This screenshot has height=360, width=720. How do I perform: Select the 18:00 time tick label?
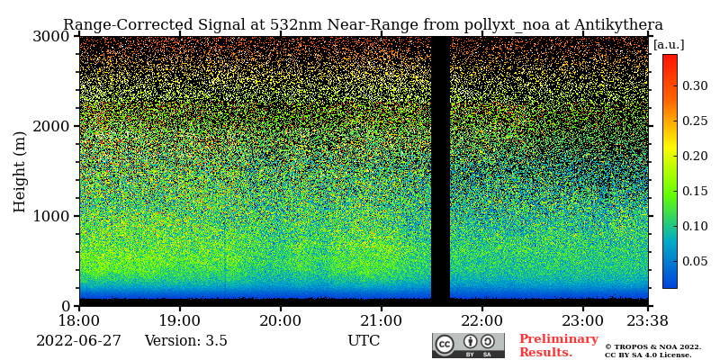point(79,319)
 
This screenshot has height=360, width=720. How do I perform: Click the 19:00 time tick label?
point(180,319)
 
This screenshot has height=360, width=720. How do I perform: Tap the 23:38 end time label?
point(648,319)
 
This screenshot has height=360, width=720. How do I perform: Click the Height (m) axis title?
point(20,171)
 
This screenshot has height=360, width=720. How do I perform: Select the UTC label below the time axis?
point(364,341)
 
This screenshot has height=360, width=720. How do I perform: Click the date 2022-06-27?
point(78,341)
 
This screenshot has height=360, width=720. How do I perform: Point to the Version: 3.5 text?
point(185,341)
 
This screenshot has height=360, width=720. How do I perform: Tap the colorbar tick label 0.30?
point(694,85)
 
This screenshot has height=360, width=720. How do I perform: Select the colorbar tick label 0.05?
point(694,261)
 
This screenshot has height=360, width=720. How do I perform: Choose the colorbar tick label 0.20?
point(694,156)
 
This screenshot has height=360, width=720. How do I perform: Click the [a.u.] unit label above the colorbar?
point(669,44)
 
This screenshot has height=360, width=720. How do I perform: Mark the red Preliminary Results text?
point(558,346)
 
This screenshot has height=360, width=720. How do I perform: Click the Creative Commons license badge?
point(468,346)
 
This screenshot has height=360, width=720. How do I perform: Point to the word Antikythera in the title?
point(619,25)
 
